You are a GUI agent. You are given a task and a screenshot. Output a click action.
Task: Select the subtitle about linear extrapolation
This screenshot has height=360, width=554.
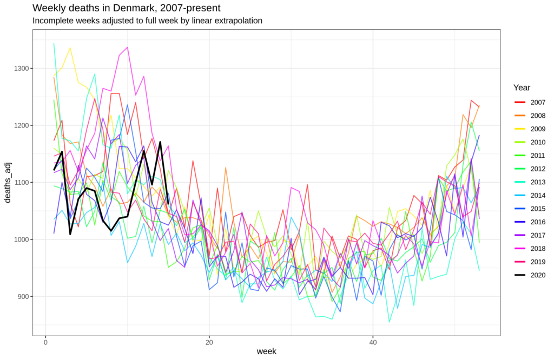(x=147, y=21)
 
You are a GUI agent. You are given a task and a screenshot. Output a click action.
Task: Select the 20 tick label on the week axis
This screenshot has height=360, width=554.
(x=209, y=342)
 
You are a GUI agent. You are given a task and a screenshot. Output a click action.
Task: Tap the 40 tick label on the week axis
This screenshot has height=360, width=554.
(x=373, y=342)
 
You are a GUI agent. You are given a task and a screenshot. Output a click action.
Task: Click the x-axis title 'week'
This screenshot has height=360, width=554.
(x=266, y=351)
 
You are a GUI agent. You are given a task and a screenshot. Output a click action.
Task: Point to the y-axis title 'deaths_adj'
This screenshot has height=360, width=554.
(x=8, y=182)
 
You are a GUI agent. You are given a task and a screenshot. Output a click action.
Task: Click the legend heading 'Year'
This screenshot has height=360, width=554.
(x=522, y=88)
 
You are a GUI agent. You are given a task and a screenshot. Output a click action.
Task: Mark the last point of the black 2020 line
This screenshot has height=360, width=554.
(x=168, y=204)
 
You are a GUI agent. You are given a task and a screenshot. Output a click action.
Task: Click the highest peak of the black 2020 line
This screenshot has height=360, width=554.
(x=161, y=142)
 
